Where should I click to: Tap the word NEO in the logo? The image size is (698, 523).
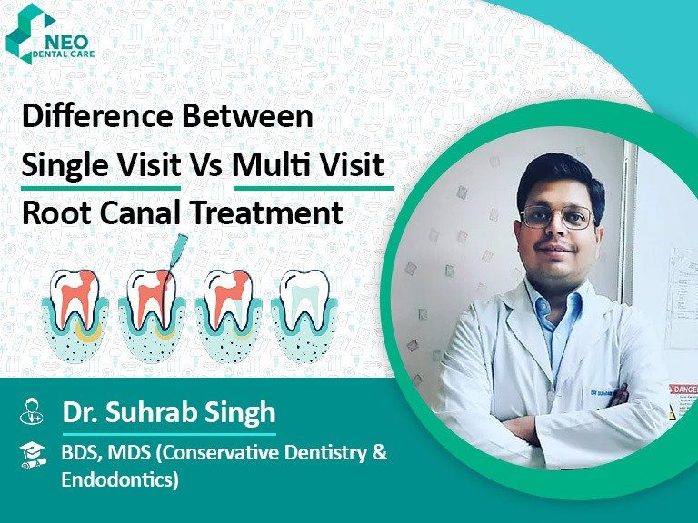pyautogui.click(x=66, y=43)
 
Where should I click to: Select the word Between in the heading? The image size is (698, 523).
pyautogui.click(x=247, y=116)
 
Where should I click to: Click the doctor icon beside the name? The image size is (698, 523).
pyautogui.click(x=32, y=411)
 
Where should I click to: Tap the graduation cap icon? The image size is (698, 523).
pyautogui.click(x=33, y=455)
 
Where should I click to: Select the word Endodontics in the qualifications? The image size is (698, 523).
pyautogui.click(x=120, y=479)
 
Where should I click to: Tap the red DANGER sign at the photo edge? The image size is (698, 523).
pyautogui.click(x=683, y=390)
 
